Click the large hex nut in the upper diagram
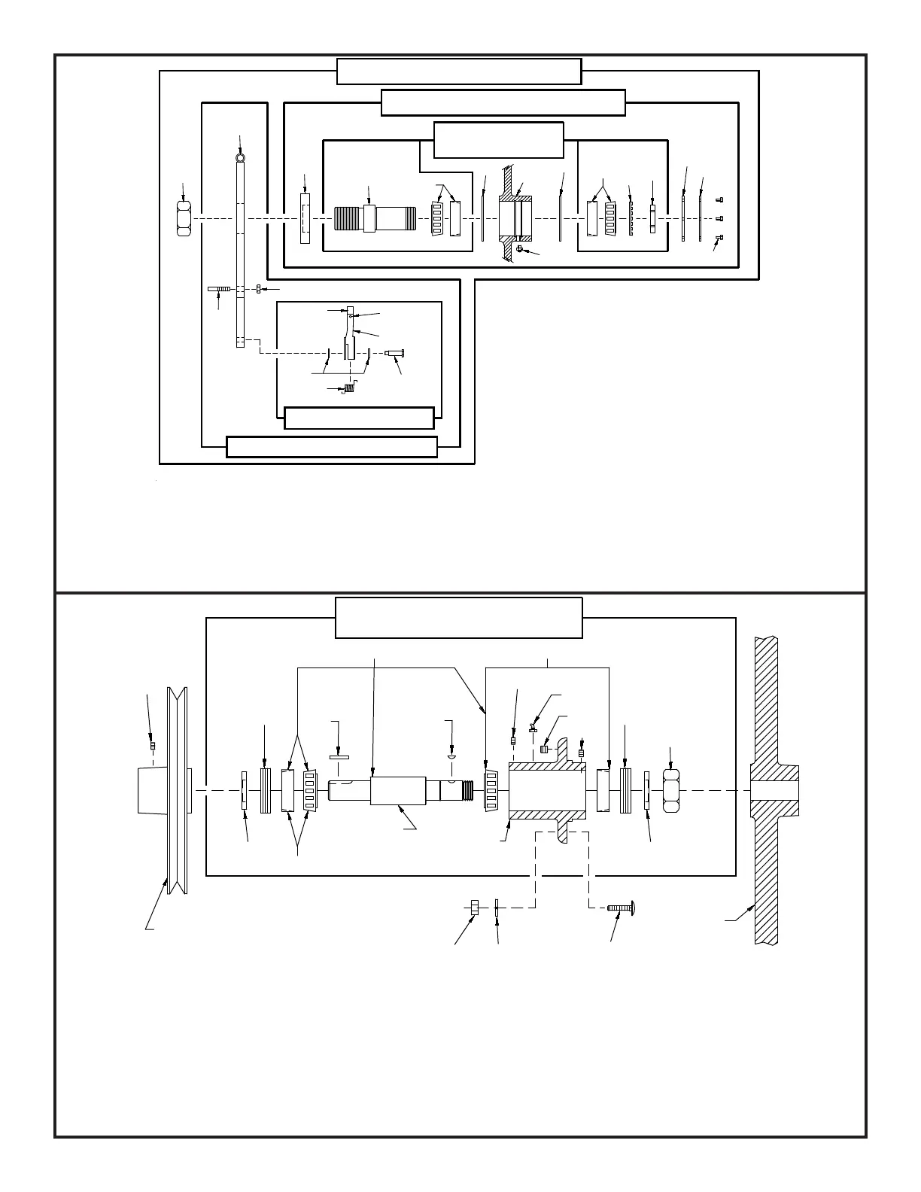click(x=184, y=219)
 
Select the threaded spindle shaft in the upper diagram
click(x=369, y=219)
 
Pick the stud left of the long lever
click(x=220, y=289)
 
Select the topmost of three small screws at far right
click(x=720, y=199)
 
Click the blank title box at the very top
click(x=459, y=71)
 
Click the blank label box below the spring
click(x=359, y=418)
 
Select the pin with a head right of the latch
click(x=394, y=353)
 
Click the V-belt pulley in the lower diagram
click(x=178, y=790)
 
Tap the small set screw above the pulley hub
click(x=153, y=746)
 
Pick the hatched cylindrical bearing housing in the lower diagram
click(x=547, y=790)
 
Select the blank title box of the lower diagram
click(x=458, y=618)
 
